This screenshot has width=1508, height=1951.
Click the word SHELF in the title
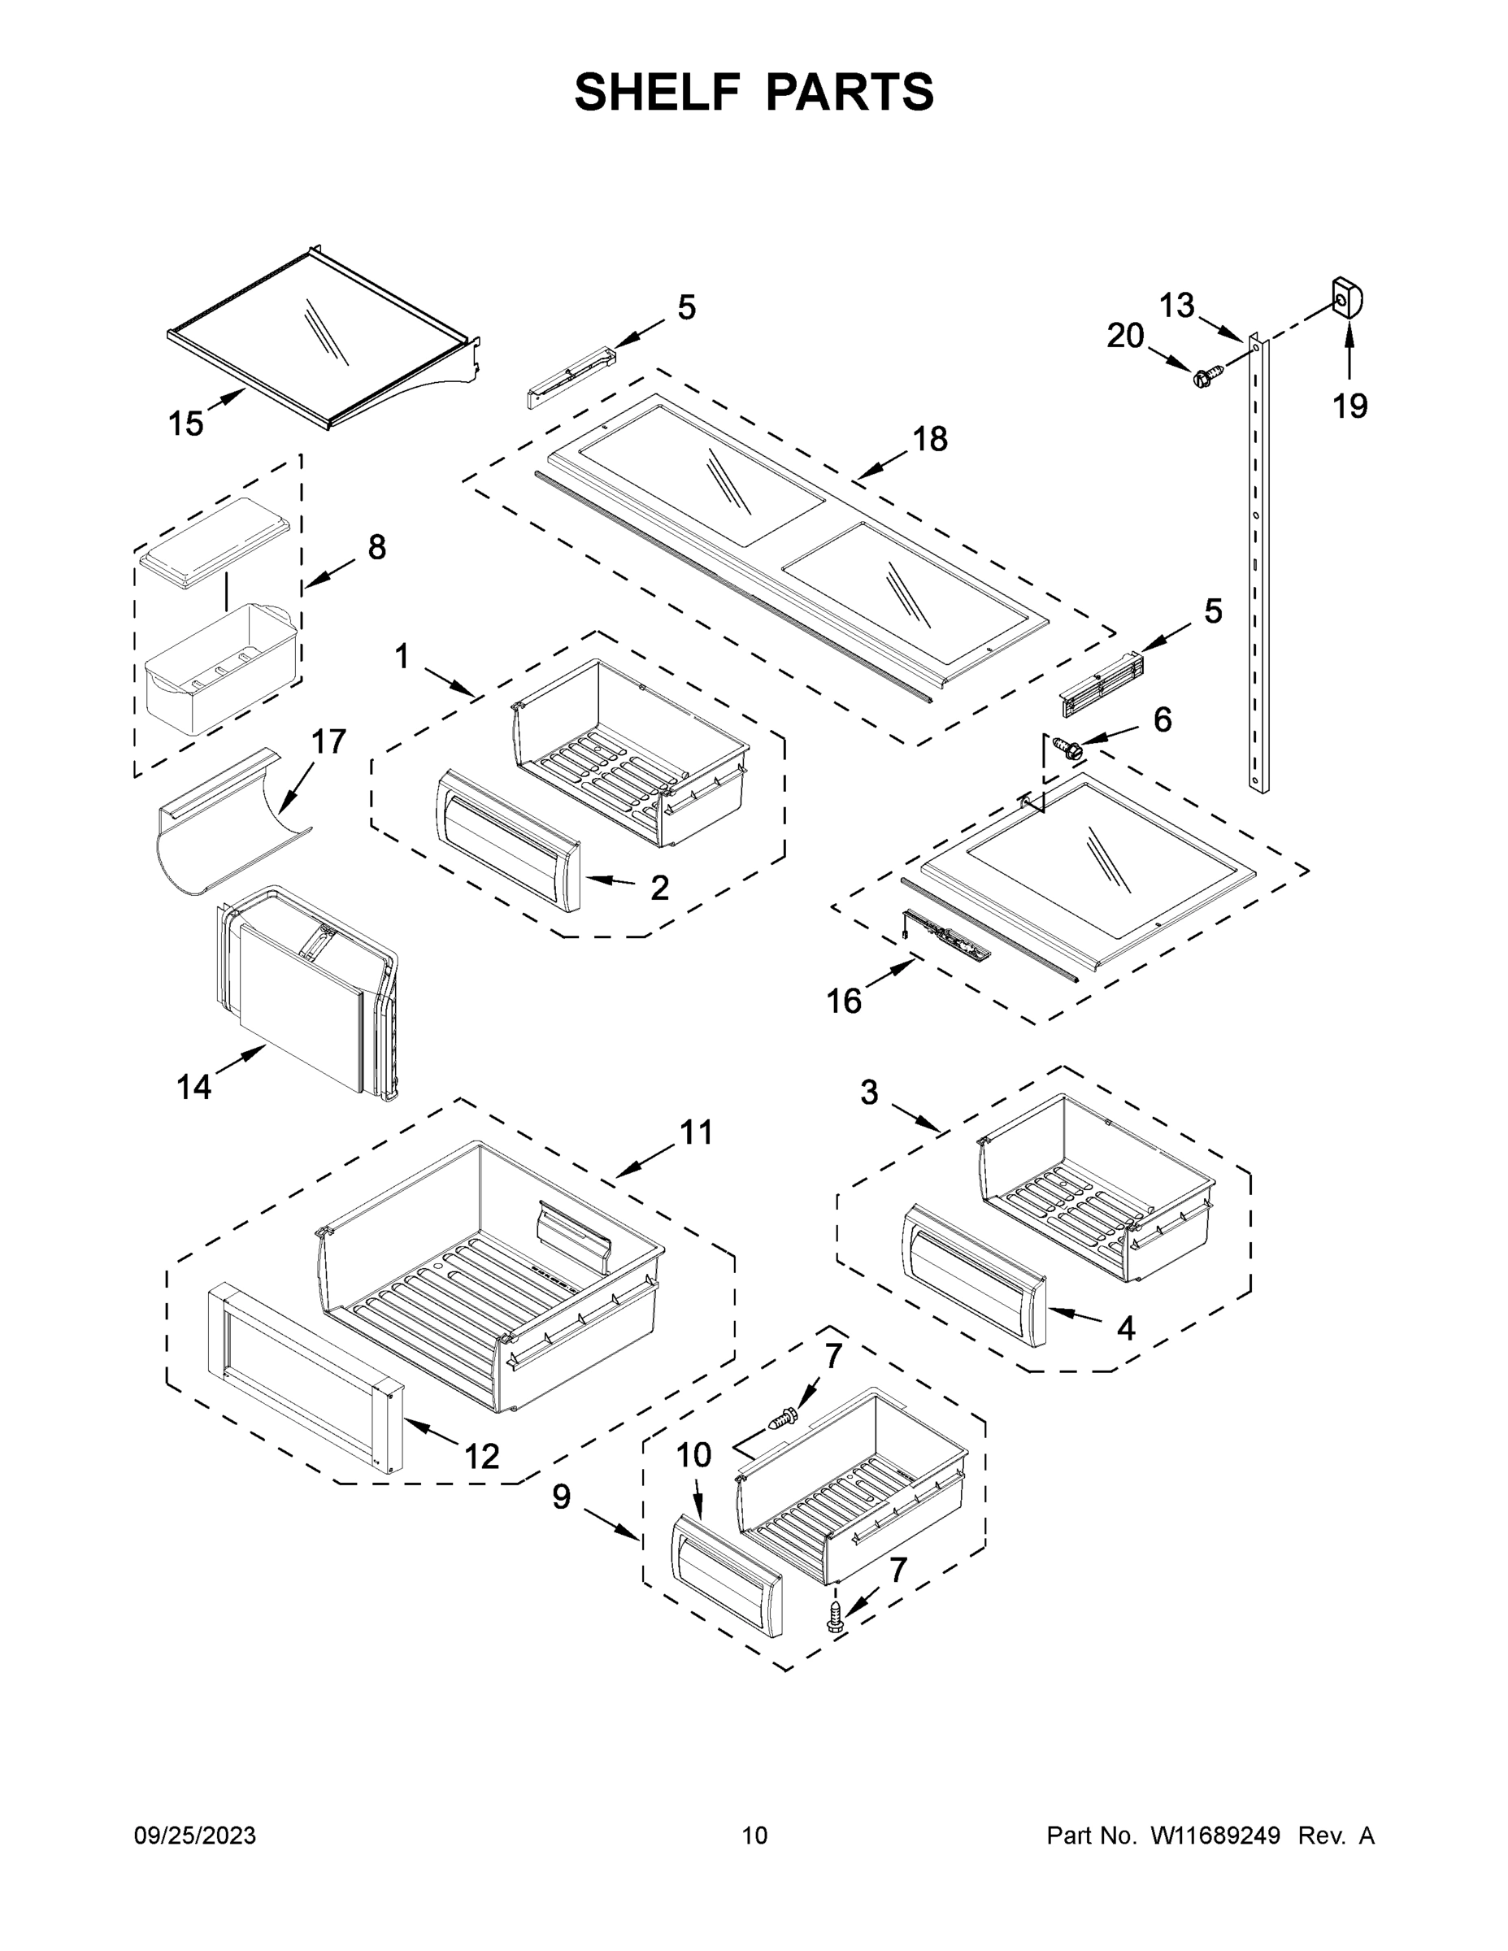658,92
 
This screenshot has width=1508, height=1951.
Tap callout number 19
1349,406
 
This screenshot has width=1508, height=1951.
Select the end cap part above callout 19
1347,298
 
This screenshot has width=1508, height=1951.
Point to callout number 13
1176,306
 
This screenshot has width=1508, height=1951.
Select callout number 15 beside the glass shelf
186,424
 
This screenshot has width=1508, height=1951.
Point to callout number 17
328,741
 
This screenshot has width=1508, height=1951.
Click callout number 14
193,1086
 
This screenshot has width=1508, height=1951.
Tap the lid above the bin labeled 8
215,543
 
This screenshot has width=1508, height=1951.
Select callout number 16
842,1002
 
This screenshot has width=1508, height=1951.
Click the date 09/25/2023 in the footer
195,1836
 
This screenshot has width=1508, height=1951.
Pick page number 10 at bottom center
754,1836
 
